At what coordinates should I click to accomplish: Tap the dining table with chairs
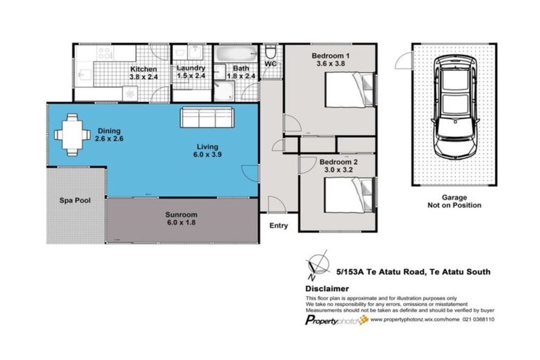(x=72, y=134)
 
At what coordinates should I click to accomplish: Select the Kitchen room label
(x=143, y=70)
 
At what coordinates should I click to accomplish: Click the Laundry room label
(x=191, y=69)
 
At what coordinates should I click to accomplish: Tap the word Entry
(x=278, y=226)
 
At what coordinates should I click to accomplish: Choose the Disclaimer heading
(x=328, y=288)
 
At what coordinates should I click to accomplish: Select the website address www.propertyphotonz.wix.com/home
(x=414, y=319)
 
